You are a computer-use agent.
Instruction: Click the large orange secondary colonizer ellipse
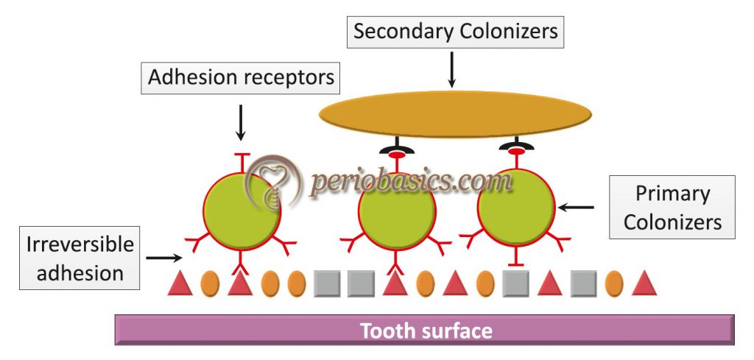click(455, 114)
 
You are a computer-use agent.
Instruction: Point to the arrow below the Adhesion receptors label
click(239, 123)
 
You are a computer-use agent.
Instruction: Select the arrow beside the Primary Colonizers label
click(576, 208)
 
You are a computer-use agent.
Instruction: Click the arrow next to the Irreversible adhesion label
click(163, 258)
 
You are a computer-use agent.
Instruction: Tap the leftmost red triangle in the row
click(180, 284)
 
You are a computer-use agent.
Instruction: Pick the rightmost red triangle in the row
click(644, 284)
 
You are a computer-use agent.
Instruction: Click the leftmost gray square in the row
click(327, 284)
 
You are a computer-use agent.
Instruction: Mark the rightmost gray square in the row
click(583, 284)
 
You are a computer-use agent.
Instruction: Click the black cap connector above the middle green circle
click(395, 149)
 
